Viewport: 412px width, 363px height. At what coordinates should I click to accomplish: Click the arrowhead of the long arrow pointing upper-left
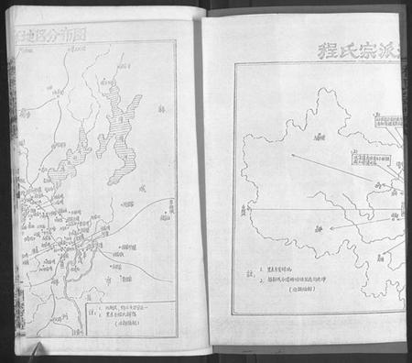(293, 154)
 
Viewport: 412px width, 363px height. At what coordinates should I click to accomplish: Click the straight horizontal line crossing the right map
(311, 210)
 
